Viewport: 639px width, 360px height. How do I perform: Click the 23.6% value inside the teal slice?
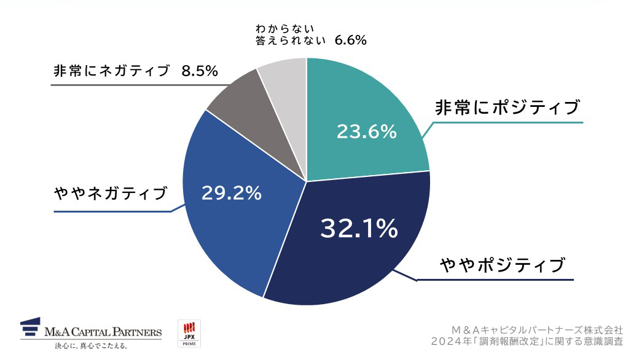(366, 131)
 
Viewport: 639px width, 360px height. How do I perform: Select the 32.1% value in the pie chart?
(359, 229)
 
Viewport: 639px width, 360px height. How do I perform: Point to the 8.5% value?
(200, 71)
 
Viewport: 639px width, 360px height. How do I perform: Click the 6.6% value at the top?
(350, 41)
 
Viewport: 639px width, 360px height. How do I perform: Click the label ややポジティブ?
(502, 265)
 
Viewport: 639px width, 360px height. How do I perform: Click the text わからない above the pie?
(284, 28)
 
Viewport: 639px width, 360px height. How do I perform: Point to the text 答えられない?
(291, 41)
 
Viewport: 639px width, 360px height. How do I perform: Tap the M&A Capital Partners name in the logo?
(103, 332)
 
